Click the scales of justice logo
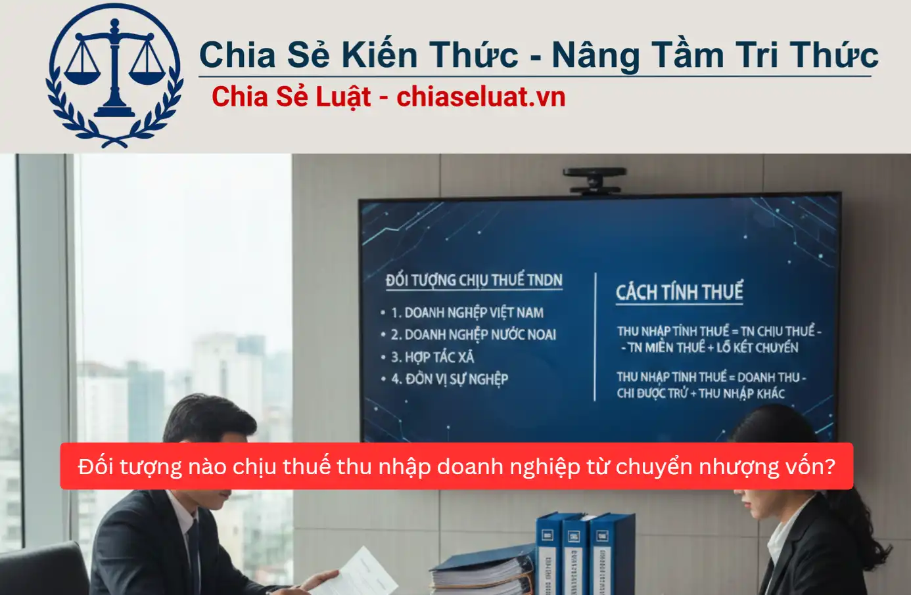[x=114, y=76]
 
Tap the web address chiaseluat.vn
[x=480, y=97]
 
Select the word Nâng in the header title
[x=595, y=56]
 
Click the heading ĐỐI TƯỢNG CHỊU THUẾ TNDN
[x=474, y=280]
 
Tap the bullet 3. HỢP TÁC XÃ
[x=432, y=357]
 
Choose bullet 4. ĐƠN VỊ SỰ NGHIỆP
[x=450, y=379]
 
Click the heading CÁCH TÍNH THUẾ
[x=679, y=292]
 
